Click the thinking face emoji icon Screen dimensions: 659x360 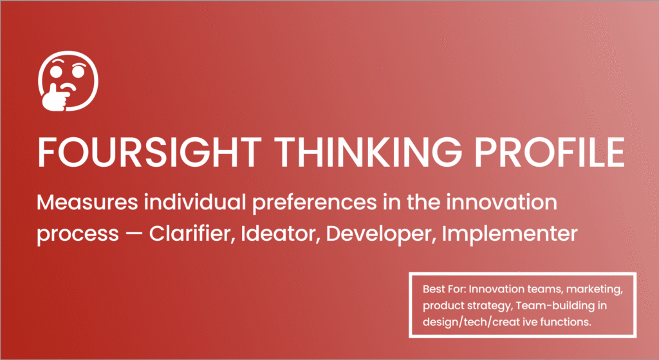click(x=68, y=81)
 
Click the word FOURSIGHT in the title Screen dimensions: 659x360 click(x=149, y=152)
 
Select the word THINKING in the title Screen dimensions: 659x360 click(x=368, y=152)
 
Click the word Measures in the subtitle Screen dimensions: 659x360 click(x=88, y=202)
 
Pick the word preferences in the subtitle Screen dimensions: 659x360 click(x=314, y=204)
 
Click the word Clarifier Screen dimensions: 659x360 click(x=192, y=233)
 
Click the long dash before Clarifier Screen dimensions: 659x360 click(x=134, y=234)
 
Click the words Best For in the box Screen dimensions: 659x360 click(x=444, y=289)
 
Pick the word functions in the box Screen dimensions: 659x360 click(x=566, y=322)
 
